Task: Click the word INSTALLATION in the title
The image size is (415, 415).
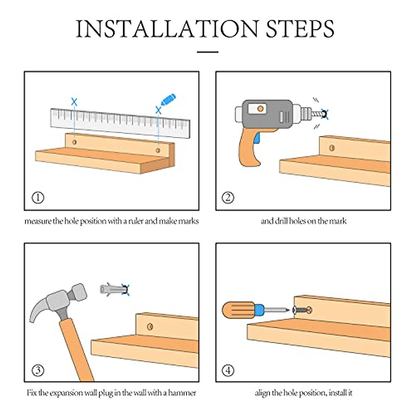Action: point(167,29)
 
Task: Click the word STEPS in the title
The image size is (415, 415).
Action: point(300,29)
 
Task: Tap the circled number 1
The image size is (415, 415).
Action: point(38,198)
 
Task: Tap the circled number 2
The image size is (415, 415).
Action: point(228,198)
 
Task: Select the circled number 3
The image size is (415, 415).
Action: point(38,370)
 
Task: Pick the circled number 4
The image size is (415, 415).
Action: point(228,370)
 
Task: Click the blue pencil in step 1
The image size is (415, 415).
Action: point(168,100)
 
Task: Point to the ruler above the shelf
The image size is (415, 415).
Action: point(120,123)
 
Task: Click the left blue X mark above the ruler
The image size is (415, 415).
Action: point(74,102)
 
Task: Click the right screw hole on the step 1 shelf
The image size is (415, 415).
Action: point(158,150)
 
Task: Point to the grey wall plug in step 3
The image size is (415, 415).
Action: point(112,289)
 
